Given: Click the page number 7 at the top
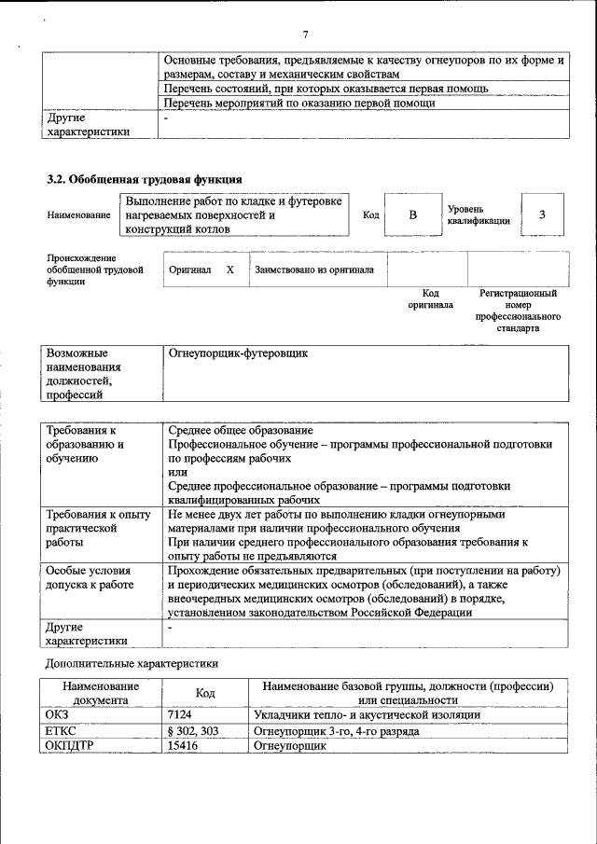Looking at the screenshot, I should (304, 35).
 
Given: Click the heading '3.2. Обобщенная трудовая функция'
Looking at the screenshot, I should (145, 179).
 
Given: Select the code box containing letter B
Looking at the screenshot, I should (412, 215).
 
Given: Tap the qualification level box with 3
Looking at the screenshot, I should (542, 215).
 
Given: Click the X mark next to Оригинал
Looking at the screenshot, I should (229, 270).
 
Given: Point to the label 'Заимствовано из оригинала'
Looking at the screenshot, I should (314, 270).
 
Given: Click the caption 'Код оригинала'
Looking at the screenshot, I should (430, 298).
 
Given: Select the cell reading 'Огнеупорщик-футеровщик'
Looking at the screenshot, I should (238, 354).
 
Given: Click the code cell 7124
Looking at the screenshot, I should (179, 714).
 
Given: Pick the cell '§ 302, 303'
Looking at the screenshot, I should (193, 731).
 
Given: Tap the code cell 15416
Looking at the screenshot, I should (183, 746).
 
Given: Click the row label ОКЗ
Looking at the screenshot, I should (57, 714).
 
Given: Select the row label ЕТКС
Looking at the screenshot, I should (60, 731).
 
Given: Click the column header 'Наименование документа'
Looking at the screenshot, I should (101, 693).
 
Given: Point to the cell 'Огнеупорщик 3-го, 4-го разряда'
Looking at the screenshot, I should (336, 731).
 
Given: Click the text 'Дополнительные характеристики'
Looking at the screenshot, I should (132, 664).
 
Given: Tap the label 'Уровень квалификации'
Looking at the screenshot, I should (478, 215).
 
